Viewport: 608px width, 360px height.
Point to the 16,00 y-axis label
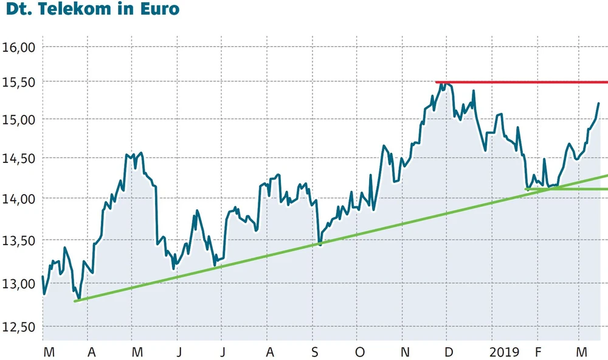point(20,46)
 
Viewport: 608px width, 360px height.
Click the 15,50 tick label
point(20,82)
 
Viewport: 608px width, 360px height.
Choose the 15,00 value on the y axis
point(20,119)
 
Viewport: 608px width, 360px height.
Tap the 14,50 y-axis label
point(20,158)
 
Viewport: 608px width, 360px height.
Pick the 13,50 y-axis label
point(20,240)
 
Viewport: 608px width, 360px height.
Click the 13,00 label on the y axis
point(20,283)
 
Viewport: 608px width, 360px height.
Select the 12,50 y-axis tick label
point(20,327)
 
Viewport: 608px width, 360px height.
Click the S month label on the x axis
point(315,352)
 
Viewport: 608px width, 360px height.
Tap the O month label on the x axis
point(360,352)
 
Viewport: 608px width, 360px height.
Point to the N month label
point(406,352)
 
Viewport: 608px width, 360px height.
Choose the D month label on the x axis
point(449,352)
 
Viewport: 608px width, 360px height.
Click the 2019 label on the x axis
point(504,352)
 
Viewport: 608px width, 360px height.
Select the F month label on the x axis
point(537,352)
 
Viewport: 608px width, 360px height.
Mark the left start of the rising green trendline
point(75,300)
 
